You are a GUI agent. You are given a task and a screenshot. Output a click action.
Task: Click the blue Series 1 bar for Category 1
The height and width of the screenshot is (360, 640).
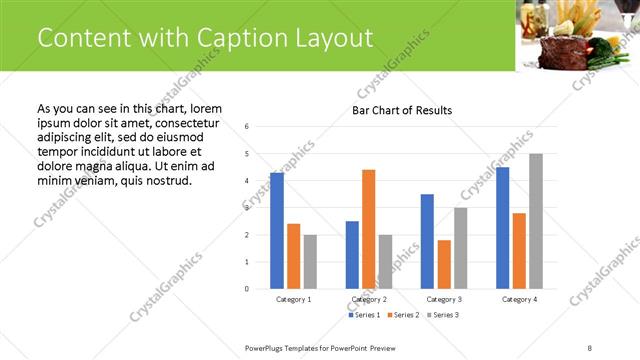click(x=277, y=231)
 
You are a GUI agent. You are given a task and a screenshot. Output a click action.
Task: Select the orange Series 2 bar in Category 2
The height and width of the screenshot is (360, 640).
click(x=368, y=229)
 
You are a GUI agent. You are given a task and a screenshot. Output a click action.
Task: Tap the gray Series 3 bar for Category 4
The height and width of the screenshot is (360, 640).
click(x=536, y=221)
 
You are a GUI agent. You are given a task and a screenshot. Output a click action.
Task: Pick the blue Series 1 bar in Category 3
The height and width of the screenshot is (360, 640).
click(x=427, y=241)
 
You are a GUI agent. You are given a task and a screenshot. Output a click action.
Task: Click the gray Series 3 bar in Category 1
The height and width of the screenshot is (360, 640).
click(x=310, y=262)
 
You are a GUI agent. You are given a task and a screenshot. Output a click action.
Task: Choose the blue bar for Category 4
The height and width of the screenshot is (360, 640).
click(x=502, y=228)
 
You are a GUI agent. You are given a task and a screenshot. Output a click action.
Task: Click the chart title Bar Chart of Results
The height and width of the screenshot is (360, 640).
click(x=402, y=110)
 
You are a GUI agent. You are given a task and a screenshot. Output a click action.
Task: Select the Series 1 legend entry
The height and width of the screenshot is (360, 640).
click(x=364, y=315)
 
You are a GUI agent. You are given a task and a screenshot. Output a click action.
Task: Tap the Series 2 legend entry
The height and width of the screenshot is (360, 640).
click(x=403, y=315)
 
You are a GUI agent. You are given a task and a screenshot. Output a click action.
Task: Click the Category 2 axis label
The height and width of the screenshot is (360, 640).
click(x=369, y=299)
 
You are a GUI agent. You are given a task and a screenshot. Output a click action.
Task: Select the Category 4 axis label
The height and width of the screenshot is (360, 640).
click(x=519, y=299)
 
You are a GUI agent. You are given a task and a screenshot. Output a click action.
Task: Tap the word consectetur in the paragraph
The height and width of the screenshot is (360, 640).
click(x=181, y=121)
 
